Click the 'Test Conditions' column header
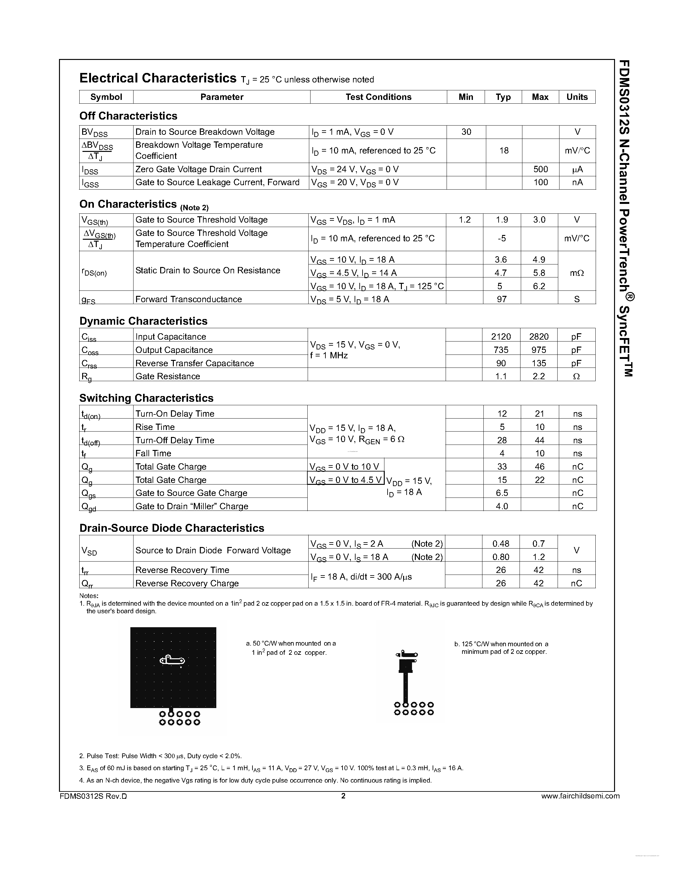pyautogui.click(x=378, y=97)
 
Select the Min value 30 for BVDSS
pyautogui.click(x=466, y=132)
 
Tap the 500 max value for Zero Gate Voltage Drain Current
pyautogui.click(x=541, y=169)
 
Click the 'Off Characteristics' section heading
pyautogui.click(x=128, y=116)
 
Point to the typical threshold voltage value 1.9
pyautogui.click(x=502, y=220)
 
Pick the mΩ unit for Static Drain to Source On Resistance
pyautogui.click(x=577, y=273)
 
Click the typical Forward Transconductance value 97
pyautogui.click(x=501, y=299)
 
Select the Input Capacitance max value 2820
pyautogui.click(x=539, y=336)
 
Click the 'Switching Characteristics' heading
pyautogui.click(x=146, y=398)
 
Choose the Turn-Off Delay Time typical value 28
pyautogui.click(x=502, y=440)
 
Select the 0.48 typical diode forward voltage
pyautogui.click(x=501, y=543)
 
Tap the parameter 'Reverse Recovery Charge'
pyautogui.click(x=187, y=583)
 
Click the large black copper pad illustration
pyautogui.click(x=173, y=667)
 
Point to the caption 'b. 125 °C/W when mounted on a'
pyautogui.click(x=501, y=644)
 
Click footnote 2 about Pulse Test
pyautogui.click(x=160, y=756)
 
